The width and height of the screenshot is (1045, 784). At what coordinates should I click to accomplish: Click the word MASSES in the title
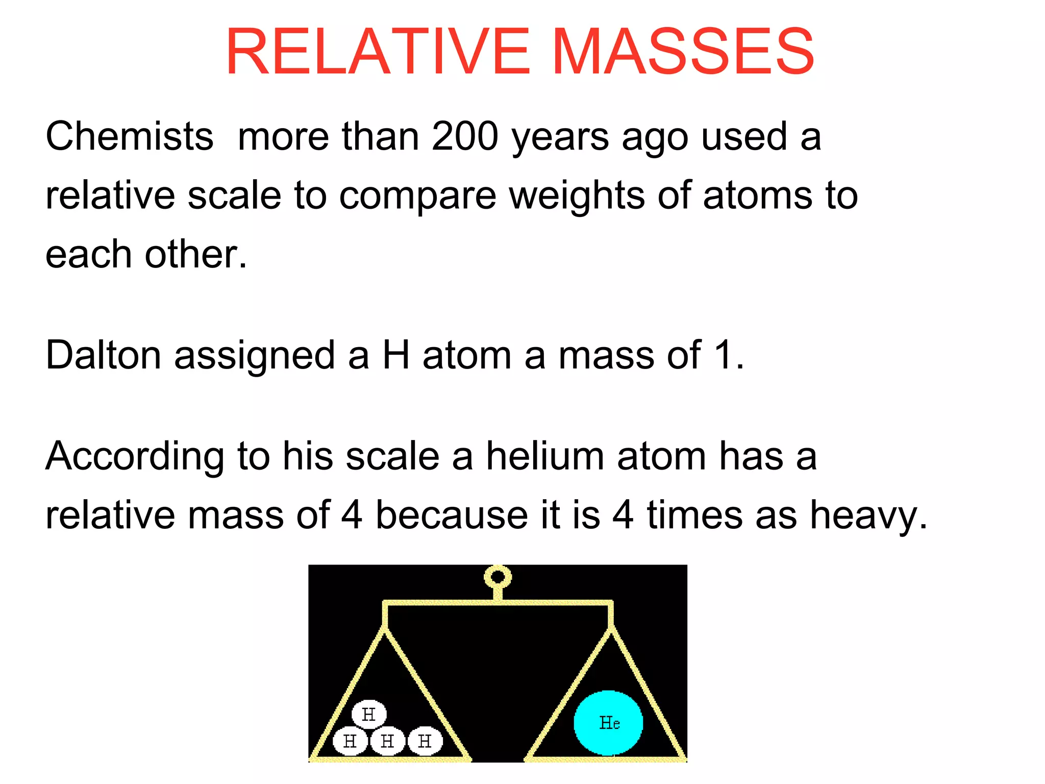pos(683,52)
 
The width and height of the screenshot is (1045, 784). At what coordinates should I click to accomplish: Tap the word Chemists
pos(129,137)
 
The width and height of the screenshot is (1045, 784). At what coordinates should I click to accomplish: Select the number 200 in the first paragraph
pos(465,137)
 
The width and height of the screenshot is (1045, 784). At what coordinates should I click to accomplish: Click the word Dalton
pos(103,355)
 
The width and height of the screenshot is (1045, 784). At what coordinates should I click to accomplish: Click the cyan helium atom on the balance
pos(608,723)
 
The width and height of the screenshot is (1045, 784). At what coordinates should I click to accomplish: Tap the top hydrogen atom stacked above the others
pos(369,714)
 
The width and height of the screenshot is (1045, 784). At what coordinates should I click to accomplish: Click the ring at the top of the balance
pos(497,577)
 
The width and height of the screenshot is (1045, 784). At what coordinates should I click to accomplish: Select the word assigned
pos(254,356)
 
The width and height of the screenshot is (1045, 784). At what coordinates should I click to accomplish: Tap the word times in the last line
pos(694,515)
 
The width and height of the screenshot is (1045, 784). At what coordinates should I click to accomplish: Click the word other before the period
pos(190,254)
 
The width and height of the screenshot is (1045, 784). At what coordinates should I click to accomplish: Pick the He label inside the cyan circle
pos(609,723)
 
